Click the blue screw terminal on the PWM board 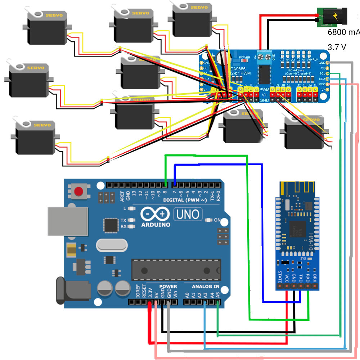tap(265, 57)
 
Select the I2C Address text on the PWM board tap(294, 70)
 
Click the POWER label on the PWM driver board tap(244, 57)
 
